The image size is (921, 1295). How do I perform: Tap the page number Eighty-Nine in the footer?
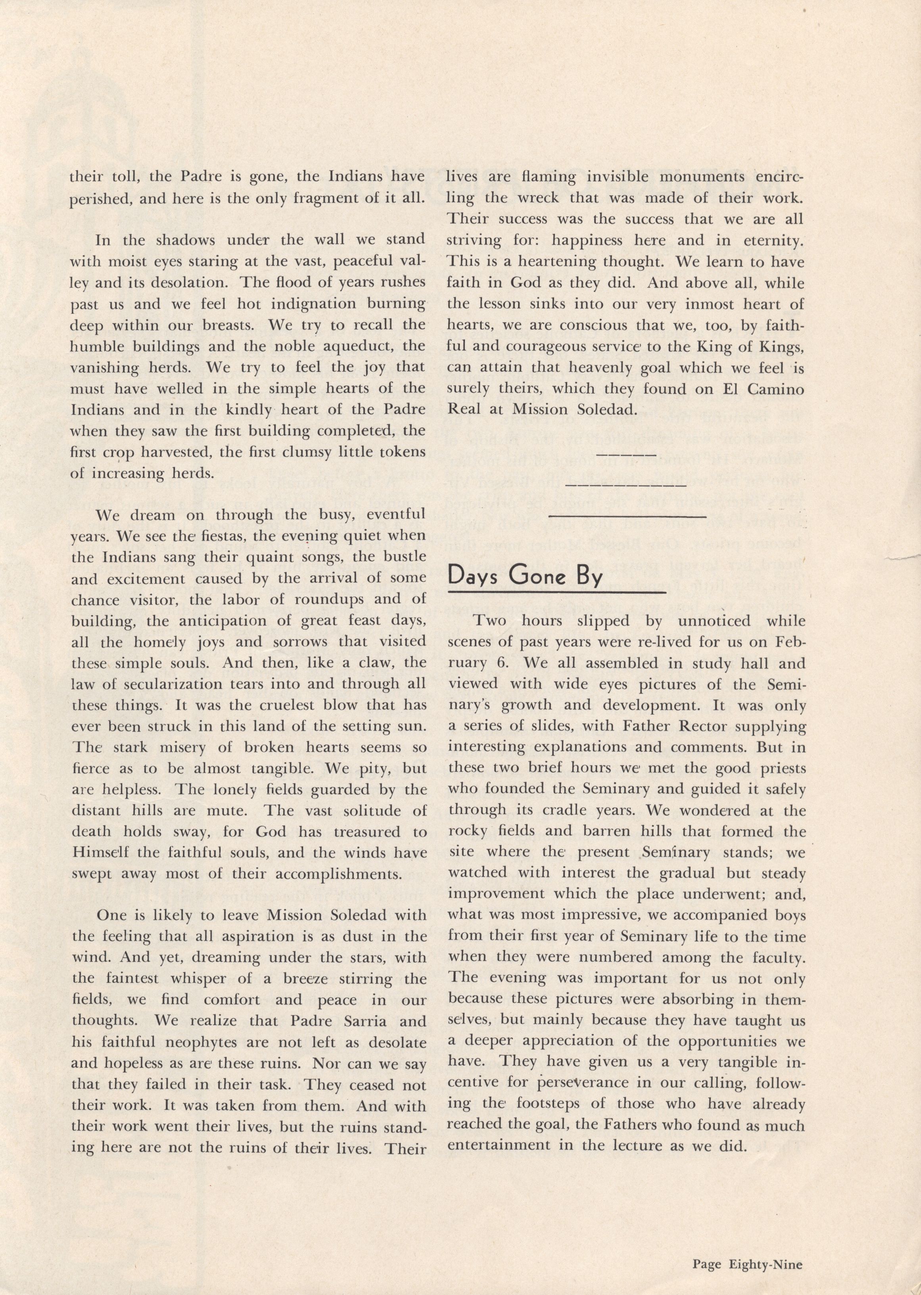[747, 1248]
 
